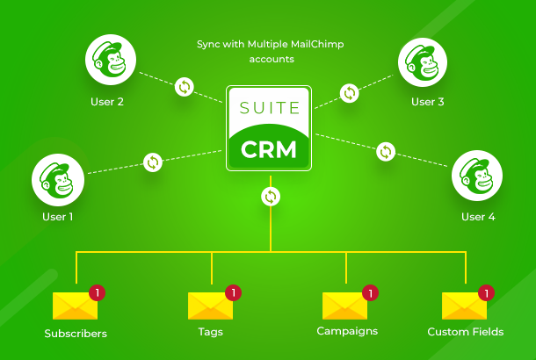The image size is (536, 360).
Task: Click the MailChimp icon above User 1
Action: pyautogui.click(x=57, y=178)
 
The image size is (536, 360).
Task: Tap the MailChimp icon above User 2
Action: pyautogui.click(x=110, y=61)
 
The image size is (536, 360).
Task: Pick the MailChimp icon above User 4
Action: pyautogui.click(x=477, y=178)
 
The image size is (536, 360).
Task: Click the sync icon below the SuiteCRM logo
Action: pyautogui.click(x=271, y=197)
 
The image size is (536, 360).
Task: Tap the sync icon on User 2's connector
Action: pyautogui.click(x=185, y=86)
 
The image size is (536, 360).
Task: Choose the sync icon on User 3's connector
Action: pyautogui.click(x=349, y=92)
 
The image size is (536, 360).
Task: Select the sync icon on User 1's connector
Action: pyautogui.click(x=153, y=162)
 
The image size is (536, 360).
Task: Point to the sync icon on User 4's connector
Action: pyautogui.click(x=385, y=151)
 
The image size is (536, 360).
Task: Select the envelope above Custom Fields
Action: pyautogui.click(x=464, y=306)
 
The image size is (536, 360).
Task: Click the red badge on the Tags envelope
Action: pyautogui.click(x=233, y=292)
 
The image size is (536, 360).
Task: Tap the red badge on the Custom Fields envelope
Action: pyautogui.click(x=484, y=292)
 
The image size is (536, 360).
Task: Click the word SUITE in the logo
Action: pyautogui.click(x=269, y=111)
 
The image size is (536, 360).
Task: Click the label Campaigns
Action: pyautogui.click(x=347, y=331)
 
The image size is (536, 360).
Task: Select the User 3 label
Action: pyautogui.click(x=428, y=102)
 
